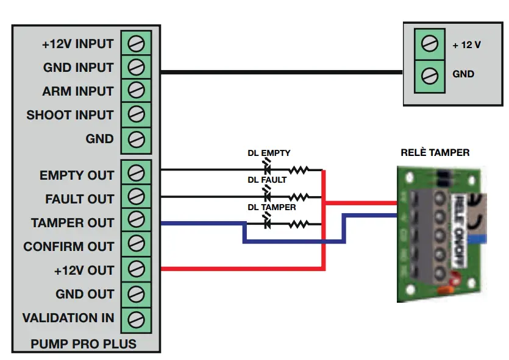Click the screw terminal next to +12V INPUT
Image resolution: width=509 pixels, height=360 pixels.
137,43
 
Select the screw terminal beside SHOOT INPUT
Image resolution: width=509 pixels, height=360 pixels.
137,115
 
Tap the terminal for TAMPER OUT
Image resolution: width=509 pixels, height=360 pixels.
137,222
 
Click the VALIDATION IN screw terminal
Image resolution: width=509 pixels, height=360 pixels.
137,317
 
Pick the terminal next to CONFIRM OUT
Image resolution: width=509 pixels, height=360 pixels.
137,246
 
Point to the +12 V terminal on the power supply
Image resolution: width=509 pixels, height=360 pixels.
430,44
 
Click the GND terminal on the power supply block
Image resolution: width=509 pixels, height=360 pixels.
430,74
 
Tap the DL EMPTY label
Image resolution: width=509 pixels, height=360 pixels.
268,153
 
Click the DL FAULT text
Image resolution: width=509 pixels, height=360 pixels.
266,180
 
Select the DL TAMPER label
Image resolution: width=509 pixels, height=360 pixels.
271,207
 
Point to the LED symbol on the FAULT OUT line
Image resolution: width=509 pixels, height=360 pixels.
266,196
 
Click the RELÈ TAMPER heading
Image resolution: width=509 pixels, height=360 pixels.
435,152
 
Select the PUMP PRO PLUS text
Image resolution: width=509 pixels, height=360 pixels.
84,344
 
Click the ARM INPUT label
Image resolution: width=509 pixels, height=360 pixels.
78,91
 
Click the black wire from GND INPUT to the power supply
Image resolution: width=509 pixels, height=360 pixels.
280,72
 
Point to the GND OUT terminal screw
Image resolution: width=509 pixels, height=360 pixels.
137,294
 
